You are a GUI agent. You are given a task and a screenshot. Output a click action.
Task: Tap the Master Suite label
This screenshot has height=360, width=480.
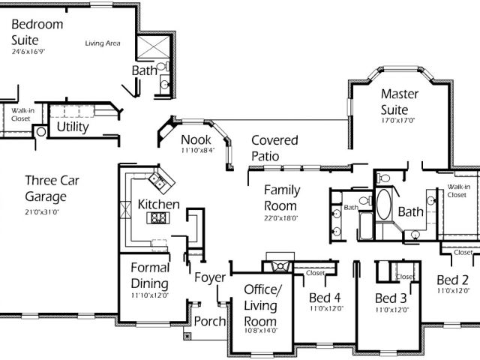(x=404, y=102)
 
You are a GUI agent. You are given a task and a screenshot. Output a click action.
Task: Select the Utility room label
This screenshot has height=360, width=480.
(x=73, y=127)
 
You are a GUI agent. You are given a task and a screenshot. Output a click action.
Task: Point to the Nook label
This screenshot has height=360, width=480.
(x=196, y=139)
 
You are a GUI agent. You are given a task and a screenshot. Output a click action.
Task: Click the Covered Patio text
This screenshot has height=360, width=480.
(x=274, y=148)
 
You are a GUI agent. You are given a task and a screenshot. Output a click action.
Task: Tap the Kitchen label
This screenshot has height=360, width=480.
(x=158, y=204)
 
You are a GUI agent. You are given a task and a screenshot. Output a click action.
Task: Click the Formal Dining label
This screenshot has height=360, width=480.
(x=150, y=275)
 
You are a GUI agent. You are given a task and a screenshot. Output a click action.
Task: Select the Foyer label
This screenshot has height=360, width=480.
(x=209, y=278)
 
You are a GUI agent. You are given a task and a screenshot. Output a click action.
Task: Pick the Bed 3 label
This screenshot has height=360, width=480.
(x=390, y=298)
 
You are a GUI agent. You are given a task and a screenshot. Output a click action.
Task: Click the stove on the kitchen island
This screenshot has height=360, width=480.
(x=159, y=218)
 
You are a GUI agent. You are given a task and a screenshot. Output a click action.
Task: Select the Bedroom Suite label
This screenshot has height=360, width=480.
(x=37, y=31)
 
